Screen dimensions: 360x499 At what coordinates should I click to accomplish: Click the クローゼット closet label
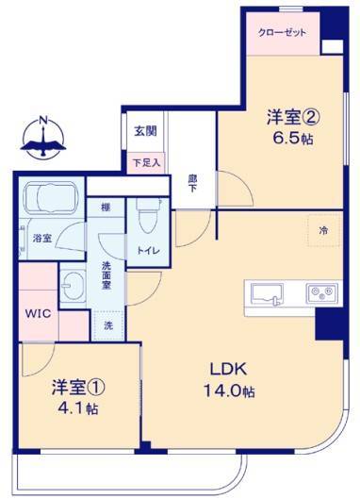(x=282, y=32)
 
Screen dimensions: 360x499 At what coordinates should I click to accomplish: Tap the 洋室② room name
(x=292, y=117)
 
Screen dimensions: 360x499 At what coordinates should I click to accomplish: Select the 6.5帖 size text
(x=292, y=139)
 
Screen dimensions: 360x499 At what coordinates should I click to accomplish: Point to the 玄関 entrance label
(x=145, y=131)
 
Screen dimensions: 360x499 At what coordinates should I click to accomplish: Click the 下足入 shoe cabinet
(x=146, y=163)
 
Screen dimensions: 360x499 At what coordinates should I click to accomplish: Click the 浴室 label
(x=42, y=238)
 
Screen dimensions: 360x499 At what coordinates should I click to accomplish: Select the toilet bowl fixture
(x=148, y=216)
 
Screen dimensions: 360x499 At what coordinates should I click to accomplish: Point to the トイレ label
(x=148, y=251)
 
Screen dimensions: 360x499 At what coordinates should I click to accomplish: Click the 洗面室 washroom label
(x=106, y=275)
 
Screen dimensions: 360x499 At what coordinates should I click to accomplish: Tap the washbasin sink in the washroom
(x=73, y=286)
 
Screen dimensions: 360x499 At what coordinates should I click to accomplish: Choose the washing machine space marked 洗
(x=108, y=325)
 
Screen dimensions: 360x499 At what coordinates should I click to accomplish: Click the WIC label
(x=38, y=314)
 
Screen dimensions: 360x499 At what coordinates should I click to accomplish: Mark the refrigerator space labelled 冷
(x=324, y=230)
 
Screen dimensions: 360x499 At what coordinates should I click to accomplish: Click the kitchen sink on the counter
(x=267, y=294)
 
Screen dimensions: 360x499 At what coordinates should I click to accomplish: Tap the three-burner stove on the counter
(x=321, y=293)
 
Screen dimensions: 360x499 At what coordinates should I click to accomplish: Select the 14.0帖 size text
(x=229, y=391)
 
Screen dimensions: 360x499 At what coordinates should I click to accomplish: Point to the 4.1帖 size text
(x=77, y=408)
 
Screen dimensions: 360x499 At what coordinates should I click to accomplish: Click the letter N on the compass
(x=43, y=121)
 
